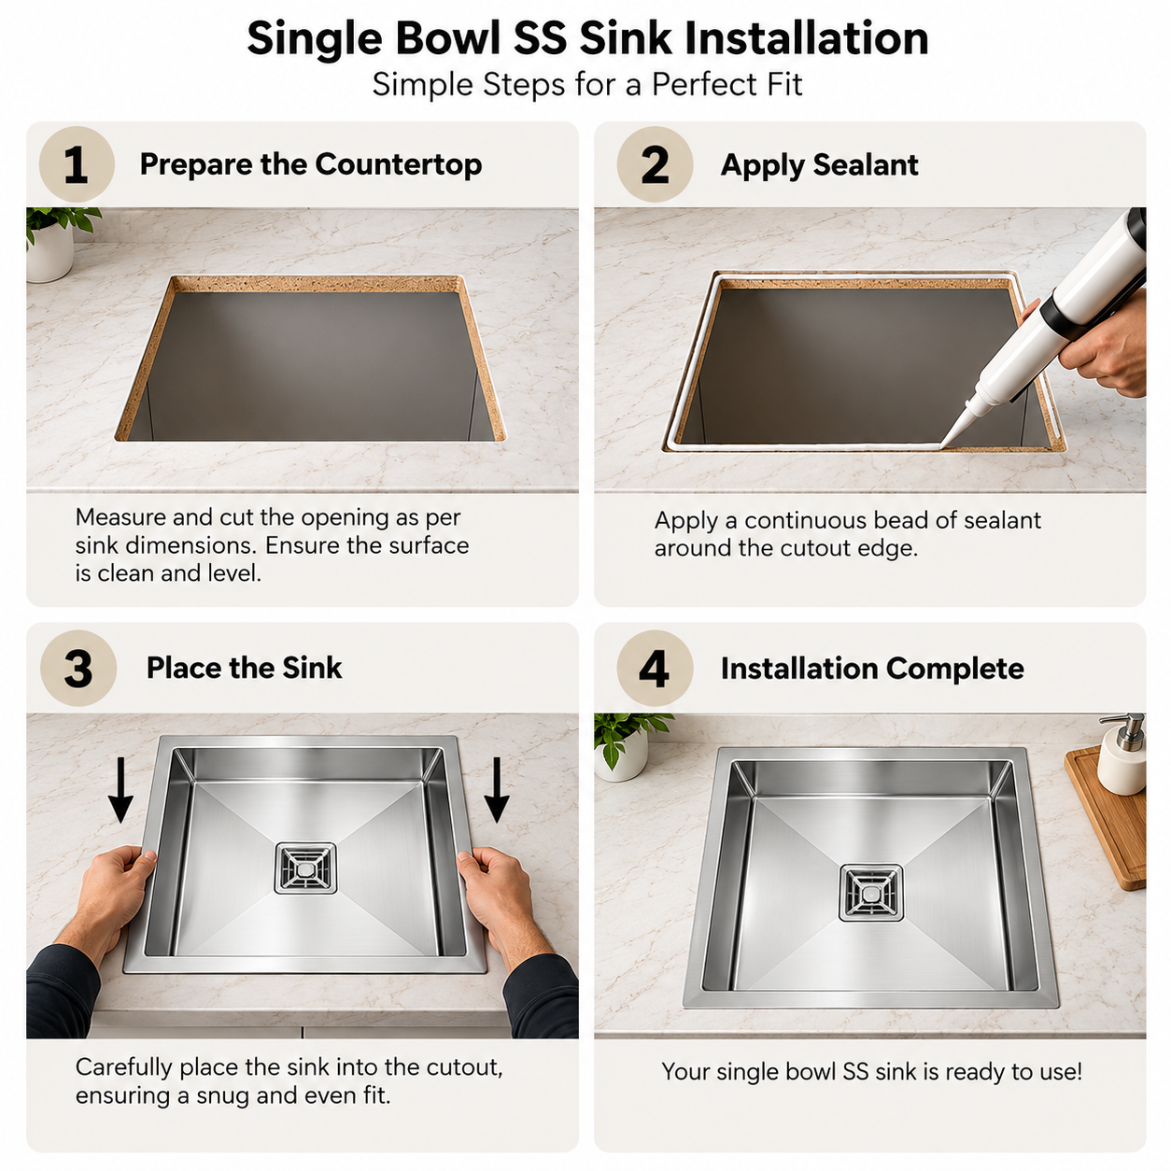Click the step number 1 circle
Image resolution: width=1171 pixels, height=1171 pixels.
77,164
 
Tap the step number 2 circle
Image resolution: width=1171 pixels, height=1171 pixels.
655,164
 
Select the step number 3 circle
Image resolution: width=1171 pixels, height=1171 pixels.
78,668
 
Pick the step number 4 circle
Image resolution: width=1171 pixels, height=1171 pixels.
655,668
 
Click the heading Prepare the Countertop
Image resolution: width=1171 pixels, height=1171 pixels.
311,164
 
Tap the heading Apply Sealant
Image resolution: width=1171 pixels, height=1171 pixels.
819,164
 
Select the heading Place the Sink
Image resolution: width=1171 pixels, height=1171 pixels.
244,668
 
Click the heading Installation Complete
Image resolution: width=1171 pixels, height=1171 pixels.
872,669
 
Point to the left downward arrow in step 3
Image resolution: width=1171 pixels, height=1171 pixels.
120,789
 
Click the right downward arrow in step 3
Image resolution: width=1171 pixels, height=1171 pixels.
497,789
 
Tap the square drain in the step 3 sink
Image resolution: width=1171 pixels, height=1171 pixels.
305,868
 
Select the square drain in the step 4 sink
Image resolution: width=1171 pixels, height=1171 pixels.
871,892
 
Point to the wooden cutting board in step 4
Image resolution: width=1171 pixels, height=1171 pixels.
1106,817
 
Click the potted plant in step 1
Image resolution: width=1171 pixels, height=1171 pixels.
57,244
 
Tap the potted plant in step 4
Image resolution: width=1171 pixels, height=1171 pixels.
626,747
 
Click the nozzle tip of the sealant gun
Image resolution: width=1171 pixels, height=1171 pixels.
942,446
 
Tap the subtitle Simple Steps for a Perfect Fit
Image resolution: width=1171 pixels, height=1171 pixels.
587,84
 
